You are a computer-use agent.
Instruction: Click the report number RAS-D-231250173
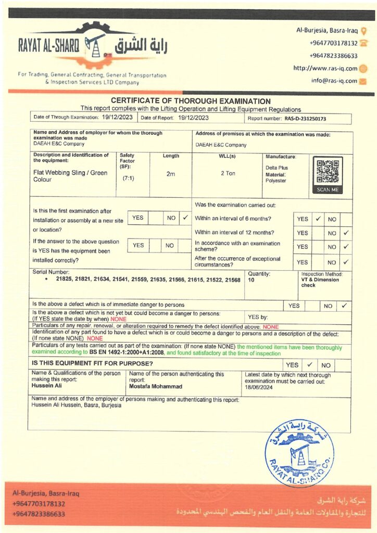(x=305, y=119)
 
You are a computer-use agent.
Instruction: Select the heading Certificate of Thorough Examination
(x=191, y=101)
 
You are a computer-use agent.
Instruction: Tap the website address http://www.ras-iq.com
(x=325, y=68)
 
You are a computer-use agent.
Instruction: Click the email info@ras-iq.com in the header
(x=334, y=81)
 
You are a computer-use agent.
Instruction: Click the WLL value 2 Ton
(x=228, y=173)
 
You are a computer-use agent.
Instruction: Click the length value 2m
(x=170, y=174)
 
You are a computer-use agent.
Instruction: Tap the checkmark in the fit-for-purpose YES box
(x=309, y=365)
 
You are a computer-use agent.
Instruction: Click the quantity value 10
(x=252, y=280)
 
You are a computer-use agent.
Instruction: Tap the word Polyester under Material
(x=276, y=181)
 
